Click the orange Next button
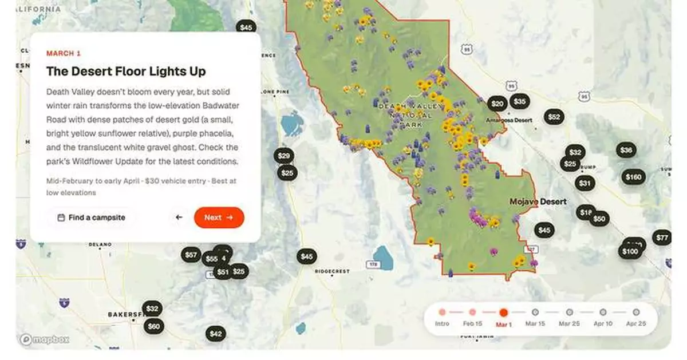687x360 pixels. [219, 217]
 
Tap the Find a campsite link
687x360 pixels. [91, 217]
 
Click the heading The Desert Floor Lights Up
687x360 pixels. [126, 72]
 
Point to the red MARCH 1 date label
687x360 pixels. [64, 53]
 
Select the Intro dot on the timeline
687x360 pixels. [442, 312]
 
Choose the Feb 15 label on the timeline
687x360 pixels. [472, 324]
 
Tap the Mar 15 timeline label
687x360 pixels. [535, 324]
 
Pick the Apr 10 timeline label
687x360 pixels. [603, 324]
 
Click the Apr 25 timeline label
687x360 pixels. [636, 324]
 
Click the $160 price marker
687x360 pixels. [633, 177]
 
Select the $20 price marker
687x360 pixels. [498, 104]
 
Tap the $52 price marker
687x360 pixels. [554, 117]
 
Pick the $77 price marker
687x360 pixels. [662, 238]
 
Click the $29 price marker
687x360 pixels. [283, 156]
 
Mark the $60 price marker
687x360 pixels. [153, 327]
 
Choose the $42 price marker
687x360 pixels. [215, 334]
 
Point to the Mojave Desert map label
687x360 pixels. [538, 202]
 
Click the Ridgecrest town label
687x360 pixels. [332, 272]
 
